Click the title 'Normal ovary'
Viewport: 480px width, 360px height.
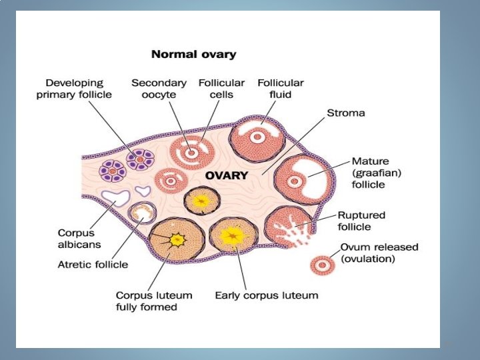pos(193,53)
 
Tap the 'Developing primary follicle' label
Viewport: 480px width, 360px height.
pos(74,89)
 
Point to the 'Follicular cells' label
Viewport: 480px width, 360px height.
pos(221,89)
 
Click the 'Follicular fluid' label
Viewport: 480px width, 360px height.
pos(281,89)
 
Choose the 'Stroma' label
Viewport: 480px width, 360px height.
pos(345,113)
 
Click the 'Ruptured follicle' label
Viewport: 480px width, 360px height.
pos(361,221)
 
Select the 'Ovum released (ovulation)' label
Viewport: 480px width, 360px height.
pos(379,252)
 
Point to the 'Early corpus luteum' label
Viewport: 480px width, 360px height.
pos(266,295)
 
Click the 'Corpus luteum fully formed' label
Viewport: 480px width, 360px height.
pos(154,301)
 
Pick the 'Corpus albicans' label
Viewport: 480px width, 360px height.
pos(79,239)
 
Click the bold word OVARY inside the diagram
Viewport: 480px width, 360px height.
pos(227,176)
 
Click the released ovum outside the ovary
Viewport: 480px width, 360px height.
pos(322,265)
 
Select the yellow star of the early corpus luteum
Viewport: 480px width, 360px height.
pos(233,235)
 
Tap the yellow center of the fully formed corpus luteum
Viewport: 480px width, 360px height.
pos(177,239)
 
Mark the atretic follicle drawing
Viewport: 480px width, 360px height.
pos(141,214)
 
